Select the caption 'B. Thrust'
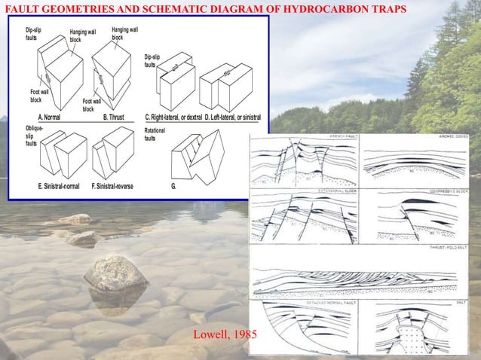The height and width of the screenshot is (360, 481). pos(114,117)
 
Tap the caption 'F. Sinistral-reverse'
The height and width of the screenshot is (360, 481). pos(116,186)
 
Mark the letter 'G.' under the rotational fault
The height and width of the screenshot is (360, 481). pos(174,186)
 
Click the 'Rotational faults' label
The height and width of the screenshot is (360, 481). pos(154,135)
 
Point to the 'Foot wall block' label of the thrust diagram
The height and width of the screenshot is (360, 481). pos(91,104)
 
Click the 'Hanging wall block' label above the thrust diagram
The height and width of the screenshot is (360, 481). pos(124,33)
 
